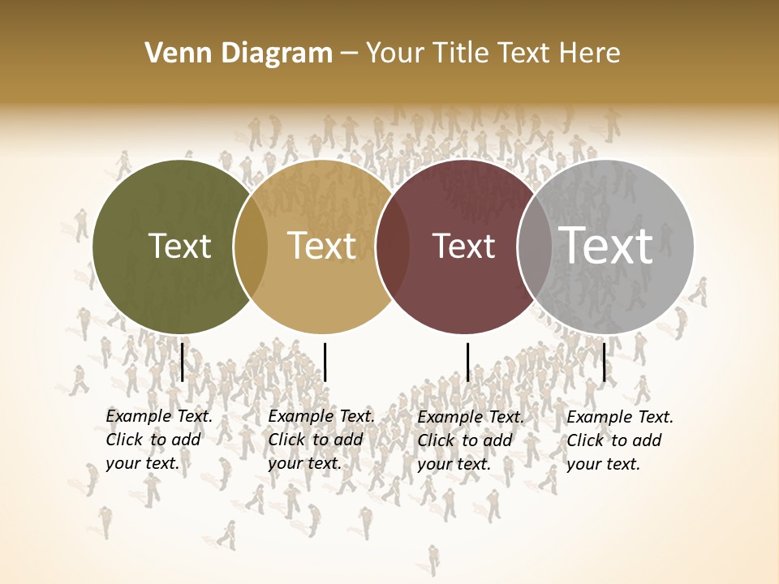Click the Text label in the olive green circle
click(180, 246)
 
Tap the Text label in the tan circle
click(322, 246)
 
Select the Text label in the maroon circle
click(464, 246)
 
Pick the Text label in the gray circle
click(606, 246)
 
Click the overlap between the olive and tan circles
click(251, 246)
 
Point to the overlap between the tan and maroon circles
click(393, 246)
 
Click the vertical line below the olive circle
click(183, 362)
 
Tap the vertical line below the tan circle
click(325, 362)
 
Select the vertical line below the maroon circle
click(467, 362)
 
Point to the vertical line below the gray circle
click(604, 362)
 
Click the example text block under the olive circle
click(158, 440)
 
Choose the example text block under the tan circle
click(321, 440)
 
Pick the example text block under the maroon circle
click(470, 440)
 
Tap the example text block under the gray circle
click(619, 440)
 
